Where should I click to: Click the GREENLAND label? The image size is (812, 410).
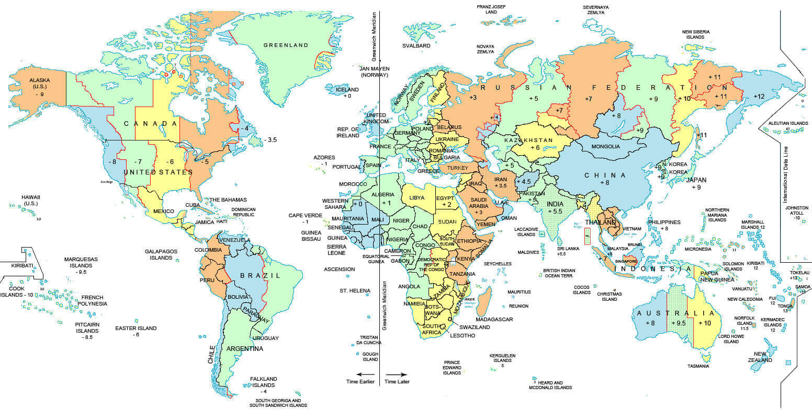click(x=286, y=45)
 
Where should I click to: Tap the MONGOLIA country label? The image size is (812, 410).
click(x=605, y=147)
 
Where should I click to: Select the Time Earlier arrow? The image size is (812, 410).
click(x=366, y=374)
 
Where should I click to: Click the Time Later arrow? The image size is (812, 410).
click(x=397, y=374)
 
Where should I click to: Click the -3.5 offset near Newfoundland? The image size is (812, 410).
click(x=270, y=140)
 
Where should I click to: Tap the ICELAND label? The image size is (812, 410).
click(x=347, y=89)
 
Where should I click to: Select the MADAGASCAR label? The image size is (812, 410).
click(x=494, y=319)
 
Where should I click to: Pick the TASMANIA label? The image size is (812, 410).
click(x=698, y=366)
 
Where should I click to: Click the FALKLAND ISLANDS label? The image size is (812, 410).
click(x=263, y=382)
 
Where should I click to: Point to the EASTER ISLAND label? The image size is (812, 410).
click(x=136, y=329)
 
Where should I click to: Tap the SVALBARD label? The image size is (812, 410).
click(x=416, y=46)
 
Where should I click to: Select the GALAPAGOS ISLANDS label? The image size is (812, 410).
click(x=161, y=254)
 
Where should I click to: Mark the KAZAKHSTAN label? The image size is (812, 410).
click(x=528, y=140)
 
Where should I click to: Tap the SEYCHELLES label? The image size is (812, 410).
click(x=498, y=264)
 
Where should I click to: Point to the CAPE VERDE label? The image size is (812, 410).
click(x=306, y=215)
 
